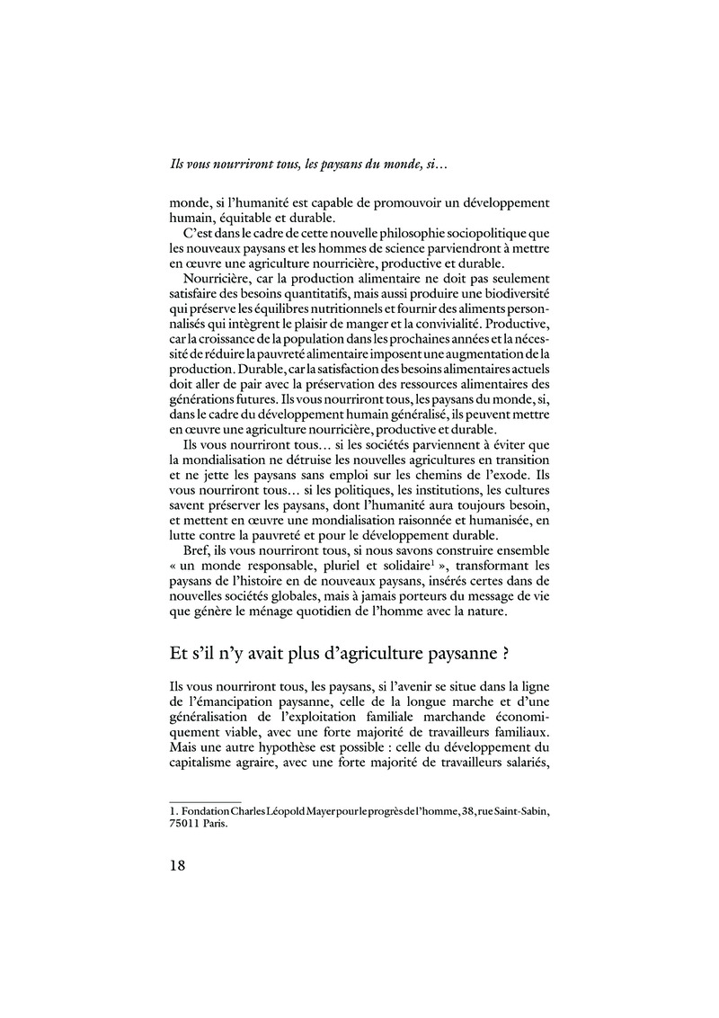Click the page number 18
pos(178,864)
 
